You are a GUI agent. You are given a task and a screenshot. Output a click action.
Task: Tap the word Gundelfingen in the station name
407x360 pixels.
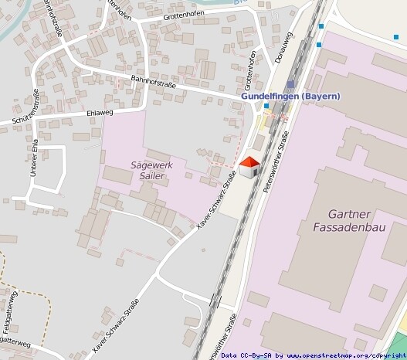coord(270,96)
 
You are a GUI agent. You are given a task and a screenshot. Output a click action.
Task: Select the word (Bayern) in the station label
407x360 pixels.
coord(321,96)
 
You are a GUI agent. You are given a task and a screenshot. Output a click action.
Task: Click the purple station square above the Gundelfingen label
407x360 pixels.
coord(290,84)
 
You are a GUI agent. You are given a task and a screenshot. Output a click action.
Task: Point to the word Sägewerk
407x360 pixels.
coord(151,165)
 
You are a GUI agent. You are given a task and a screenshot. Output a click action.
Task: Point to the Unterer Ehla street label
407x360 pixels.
coord(33,158)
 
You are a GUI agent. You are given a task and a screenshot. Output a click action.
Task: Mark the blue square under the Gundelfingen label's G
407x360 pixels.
coord(266,106)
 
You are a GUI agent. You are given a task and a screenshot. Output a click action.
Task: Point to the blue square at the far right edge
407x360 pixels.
coord(396,36)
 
